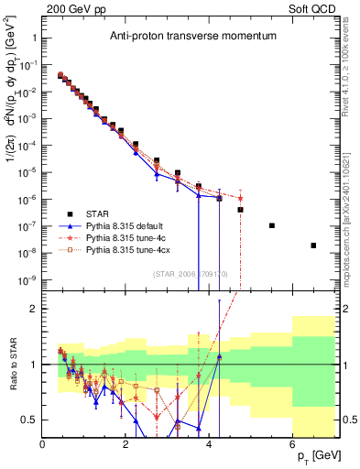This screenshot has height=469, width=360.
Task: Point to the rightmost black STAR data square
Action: click(313, 245)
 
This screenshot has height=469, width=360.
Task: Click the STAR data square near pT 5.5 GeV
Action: click(272, 225)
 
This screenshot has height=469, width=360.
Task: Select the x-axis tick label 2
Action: click(126, 445)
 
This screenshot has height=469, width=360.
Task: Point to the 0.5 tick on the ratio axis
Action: click(31, 420)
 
